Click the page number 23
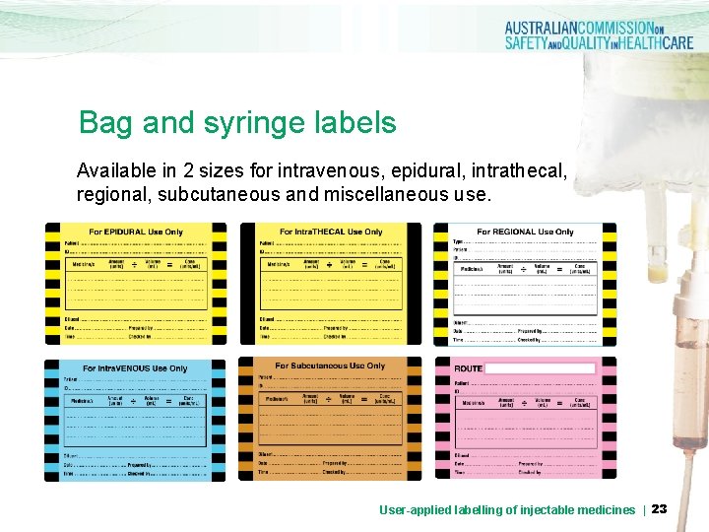pos(659,509)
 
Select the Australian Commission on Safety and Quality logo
pos(599,35)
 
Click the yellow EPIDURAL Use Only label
pos(135,283)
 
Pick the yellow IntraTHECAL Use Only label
pos(330,283)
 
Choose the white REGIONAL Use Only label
pos(525,285)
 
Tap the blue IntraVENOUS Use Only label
pos(135,420)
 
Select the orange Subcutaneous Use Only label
pos(330,420)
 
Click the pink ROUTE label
pos(525,420)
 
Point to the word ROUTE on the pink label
pos(469,368)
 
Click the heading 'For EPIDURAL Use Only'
pos(136,232)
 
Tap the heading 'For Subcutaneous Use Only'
pos(330,366)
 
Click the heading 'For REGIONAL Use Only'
pos(525,232)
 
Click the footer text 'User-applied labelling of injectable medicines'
pos(507,509)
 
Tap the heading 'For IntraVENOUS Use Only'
pos(135,368)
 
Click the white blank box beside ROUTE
pos(541,368)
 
